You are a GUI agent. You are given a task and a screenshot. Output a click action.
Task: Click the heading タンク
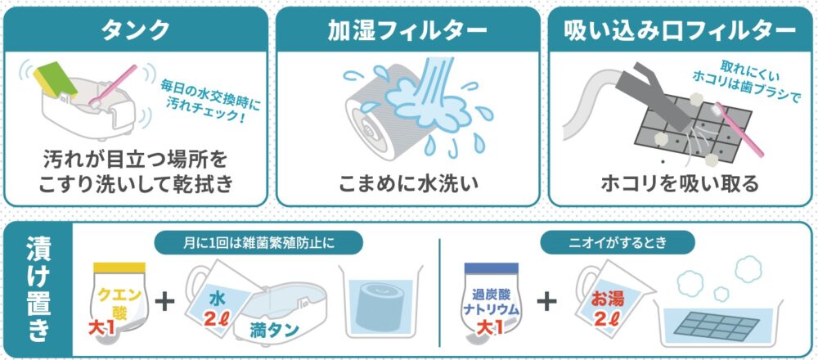tap(136, 31)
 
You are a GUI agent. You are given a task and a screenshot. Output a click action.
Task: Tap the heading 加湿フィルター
tap(407, 31)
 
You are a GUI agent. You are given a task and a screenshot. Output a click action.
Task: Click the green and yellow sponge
tap(55, 79)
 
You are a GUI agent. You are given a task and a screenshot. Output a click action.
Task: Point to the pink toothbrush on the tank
tap(113, 86)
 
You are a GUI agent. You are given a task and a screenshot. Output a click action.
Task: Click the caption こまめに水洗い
tap(408, 184)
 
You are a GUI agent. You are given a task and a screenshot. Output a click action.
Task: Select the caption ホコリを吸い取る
tap(680, 183)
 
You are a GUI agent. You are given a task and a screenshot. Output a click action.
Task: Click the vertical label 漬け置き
tap(38, 290)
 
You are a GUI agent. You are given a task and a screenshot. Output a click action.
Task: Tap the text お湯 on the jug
tap(607, 299)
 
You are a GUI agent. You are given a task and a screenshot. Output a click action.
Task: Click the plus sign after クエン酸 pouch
tap(165, 302)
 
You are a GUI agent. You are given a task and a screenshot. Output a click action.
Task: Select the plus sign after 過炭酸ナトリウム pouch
tap(546, 302)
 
